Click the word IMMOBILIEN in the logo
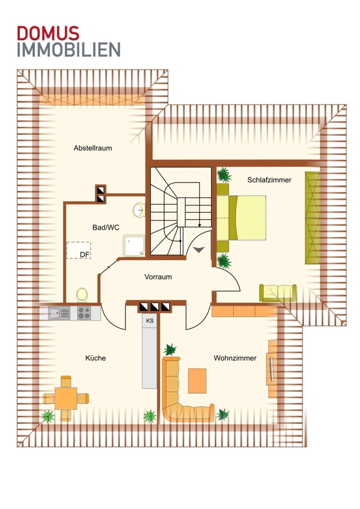coord(68,50)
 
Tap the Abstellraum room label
coord(93,148)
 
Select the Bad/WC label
coord(106,228)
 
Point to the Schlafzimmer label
coord(269,180)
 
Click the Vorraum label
coord(158,277)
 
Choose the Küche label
coord(96,358)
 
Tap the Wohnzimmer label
coord(235,358)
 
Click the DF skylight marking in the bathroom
coord(79,250)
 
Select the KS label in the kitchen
coord(150,321)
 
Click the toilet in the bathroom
coord(82,295)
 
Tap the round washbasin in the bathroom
coord(139,210)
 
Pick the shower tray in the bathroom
coord(134,246)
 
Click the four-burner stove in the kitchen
coord(84,313)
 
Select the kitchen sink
coord(59,313)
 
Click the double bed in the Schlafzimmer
coord(241,218)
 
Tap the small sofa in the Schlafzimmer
coord(278,293)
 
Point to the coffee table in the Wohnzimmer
coord(197,381)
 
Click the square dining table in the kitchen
coord(66,398)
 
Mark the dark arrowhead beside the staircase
coord(199,249)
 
